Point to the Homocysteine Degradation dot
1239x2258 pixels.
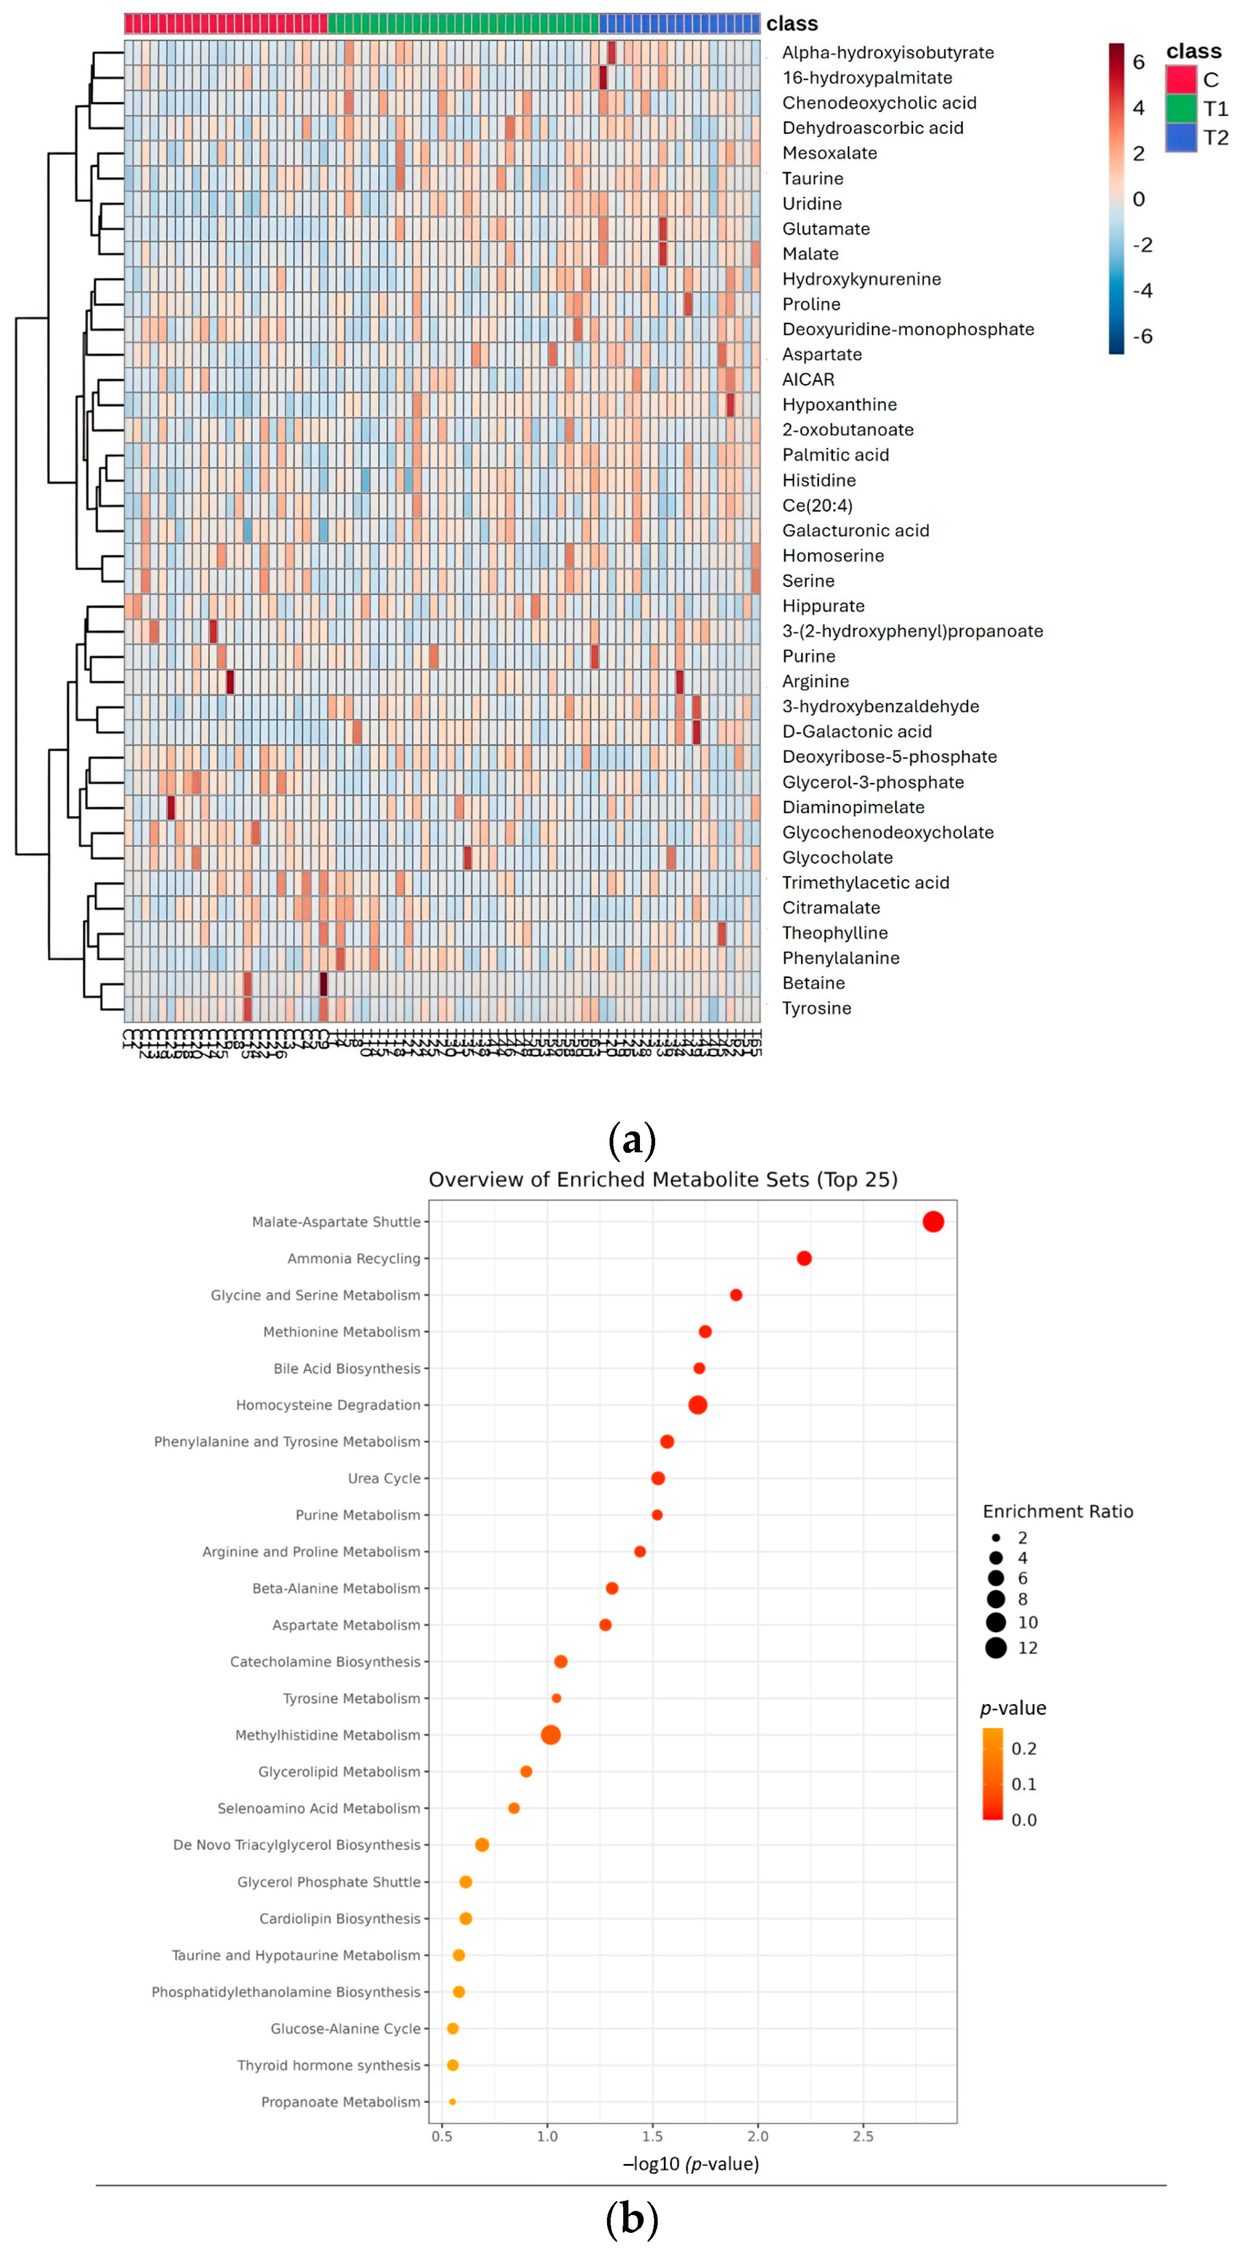coord(698,1405)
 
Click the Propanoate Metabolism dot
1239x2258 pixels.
coord(452,2102)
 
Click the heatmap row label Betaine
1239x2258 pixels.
coord(813,983)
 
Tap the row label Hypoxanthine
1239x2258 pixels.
coord(839,405)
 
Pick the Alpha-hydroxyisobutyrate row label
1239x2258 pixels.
coord(888,52)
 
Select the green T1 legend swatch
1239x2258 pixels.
coord(1180,109)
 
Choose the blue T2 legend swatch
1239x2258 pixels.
coord(1180,138)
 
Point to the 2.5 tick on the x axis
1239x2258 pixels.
coord(862,2136)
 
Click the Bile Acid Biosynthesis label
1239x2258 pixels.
coord(346,1368)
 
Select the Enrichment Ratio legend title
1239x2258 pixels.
coord(1058,1511)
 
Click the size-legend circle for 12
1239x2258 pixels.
coord(996,1648)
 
